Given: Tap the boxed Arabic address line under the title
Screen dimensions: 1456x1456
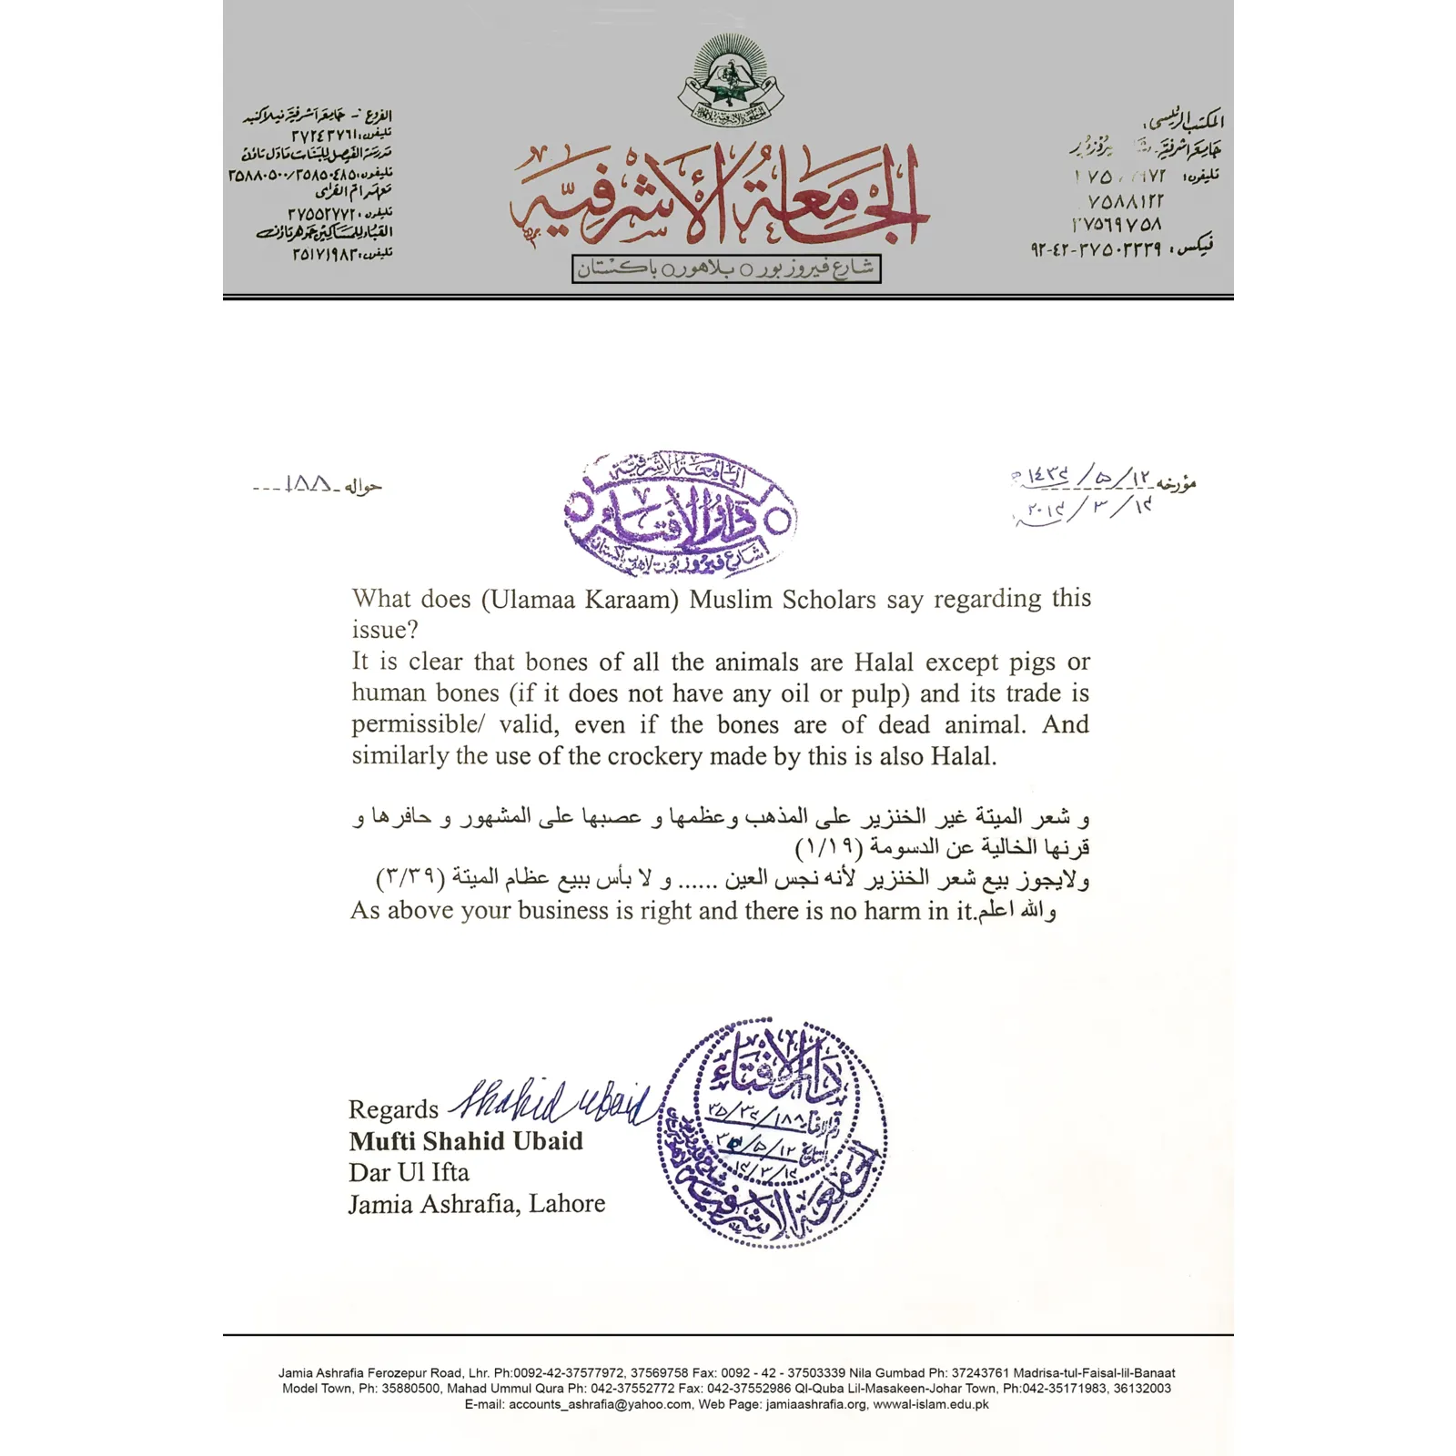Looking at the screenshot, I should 726,269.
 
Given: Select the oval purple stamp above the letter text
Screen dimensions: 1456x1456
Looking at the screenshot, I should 680,514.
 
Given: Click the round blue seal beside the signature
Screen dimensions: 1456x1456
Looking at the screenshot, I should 773,1132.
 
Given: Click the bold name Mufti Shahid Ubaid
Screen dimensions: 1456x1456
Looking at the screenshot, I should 466,1141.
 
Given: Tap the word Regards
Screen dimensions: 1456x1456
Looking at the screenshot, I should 393,1109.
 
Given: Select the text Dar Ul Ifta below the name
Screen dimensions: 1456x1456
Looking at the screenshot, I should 409,1172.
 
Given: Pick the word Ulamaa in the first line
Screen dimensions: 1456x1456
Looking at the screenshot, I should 531,600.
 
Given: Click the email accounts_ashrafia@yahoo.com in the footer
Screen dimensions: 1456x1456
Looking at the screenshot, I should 600,1404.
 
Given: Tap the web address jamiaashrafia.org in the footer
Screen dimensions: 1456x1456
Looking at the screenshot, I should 816,1404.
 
